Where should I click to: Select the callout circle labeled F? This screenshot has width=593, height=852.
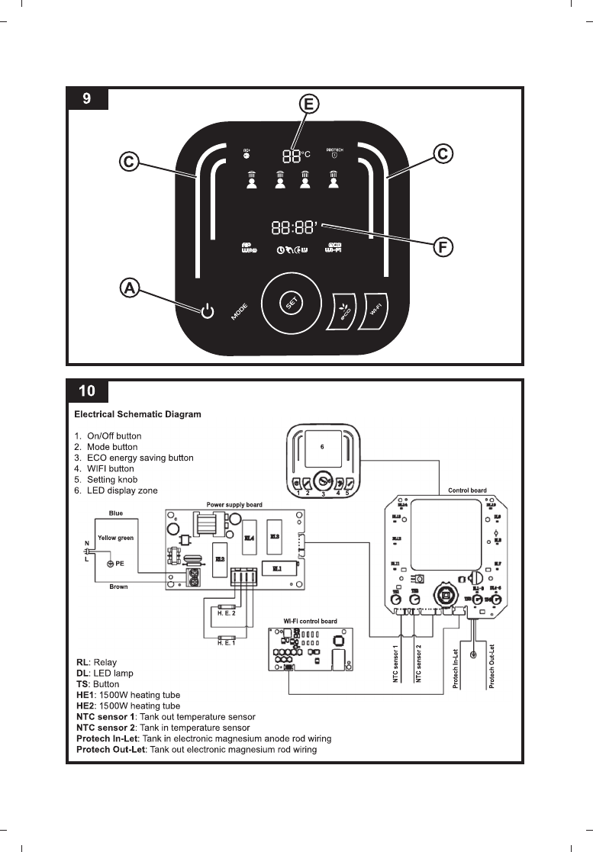pyautogui.click(x=443, y=246)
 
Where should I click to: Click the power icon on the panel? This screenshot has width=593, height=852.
pyautogui.click(x=206, y=311)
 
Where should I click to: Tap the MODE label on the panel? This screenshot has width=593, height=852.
pyautogui.click(x=240, y=312)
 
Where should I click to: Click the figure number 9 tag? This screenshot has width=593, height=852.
pyautogui.click(x=88, y=99)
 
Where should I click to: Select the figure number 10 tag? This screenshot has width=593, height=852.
pyautogui.click(x=88, y=391)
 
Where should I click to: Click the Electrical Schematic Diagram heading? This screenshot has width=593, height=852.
pyautogui.click(x=137, y=415)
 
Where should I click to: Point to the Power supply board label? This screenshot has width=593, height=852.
pyautogui.click(x=234, y=505)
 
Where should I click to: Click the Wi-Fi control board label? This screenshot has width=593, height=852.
pyautogui.click(x=310, y=622)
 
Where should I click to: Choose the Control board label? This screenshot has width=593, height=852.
pyautogui.click(x=467, y=490)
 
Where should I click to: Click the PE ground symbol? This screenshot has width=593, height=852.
pyautogui.click(x=111, y=563)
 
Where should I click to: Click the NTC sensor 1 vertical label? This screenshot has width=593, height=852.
pyautogui.click(x=396, y=664)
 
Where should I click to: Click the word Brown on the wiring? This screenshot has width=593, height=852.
pyautogui.click(x=118, y=587)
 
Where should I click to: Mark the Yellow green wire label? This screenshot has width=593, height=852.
pyautogui.click(x=116, y=538)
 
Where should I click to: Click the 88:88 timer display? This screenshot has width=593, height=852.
pyautogui.click(x=295, y=227)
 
